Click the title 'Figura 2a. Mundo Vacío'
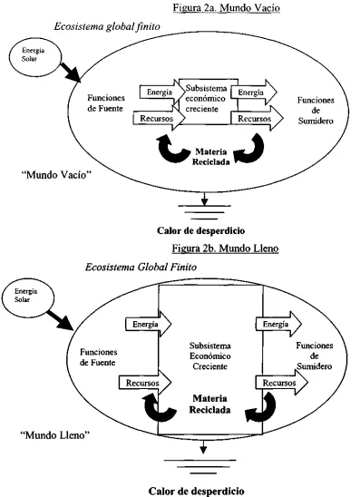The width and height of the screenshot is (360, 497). coord(227,7)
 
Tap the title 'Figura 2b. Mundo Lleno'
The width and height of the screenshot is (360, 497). coord(225,248)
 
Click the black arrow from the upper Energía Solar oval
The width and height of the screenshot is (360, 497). coord(71,73)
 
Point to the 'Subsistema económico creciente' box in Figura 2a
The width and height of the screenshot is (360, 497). coord(209,102)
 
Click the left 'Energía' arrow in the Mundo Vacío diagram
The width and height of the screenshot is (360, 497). coord(162,93)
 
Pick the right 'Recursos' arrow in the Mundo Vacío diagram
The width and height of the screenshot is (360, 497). coord(258,119)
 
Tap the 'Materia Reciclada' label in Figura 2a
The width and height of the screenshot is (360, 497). coord(210,157)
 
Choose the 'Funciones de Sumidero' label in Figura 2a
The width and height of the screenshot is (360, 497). coord(316,111)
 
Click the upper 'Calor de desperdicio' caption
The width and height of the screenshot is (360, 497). coord(201,230)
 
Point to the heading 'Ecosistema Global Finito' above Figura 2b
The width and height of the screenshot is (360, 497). coord(141,268)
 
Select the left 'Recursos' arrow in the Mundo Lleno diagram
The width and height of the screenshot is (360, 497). coord(145,383)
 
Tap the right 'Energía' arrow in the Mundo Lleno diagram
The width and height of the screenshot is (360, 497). coord(279,324)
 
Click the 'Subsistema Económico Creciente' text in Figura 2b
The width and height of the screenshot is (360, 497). coord(209,356)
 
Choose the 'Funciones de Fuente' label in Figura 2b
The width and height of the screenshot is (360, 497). coord(99,357)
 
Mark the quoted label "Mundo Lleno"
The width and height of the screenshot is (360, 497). coord(55,435)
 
